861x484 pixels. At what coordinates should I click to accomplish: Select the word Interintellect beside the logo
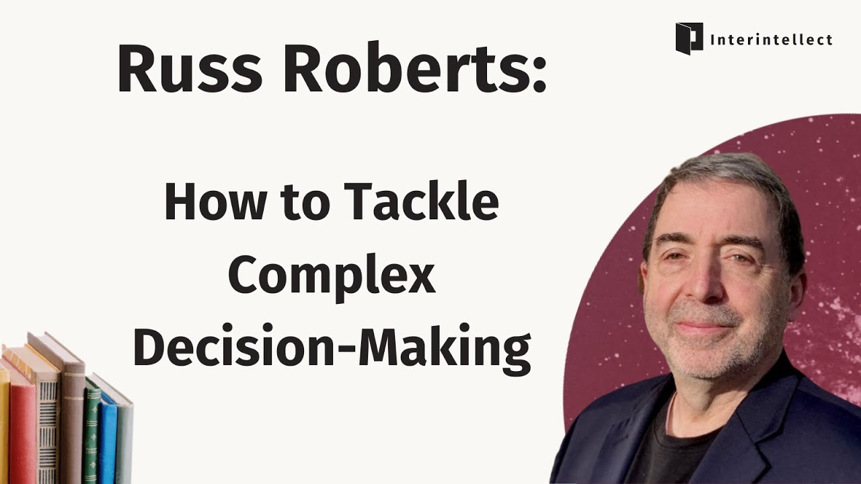(771, 40)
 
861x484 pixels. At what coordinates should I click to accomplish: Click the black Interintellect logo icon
(689, 38)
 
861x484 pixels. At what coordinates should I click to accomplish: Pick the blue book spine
(108, 440)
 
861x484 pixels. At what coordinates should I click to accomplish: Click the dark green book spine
(92, 434)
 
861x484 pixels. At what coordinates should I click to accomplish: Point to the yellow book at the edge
(3, 430)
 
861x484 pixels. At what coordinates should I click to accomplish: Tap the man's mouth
(703, 325)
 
